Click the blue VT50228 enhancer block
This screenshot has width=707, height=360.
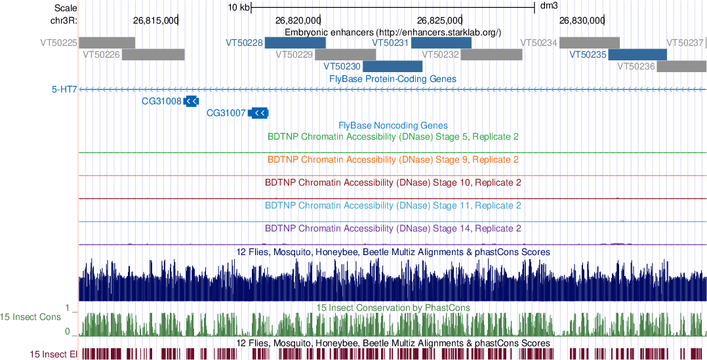(x=295, y=43)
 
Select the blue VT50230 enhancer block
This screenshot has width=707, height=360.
(x=392, y=66)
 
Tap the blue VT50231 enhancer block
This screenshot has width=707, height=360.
(x=441, y=43)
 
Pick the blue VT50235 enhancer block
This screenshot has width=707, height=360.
(x=637, y=54)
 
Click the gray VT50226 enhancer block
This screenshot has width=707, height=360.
(x=153, y=54)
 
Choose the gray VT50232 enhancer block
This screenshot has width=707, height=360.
(x=491, y=54)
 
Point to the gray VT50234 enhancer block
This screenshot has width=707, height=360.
(x=589, y=43)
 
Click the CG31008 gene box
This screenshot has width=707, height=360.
(x=192, y=101)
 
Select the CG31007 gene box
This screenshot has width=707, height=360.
(x=259, y=113)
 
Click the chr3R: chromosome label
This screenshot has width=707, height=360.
(x=64, y=20)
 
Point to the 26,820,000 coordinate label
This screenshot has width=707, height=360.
(x=298, y=20)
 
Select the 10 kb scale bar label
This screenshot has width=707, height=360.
(x=238, y=8)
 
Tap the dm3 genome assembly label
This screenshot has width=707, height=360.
(x=548, y=7)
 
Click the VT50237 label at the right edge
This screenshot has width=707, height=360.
(x=685, y=43)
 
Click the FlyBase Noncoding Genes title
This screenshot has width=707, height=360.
(x=393, y=125)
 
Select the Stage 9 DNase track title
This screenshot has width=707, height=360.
(x=394, y=159)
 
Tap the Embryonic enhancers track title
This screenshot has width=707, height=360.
(x=393, y=32)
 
